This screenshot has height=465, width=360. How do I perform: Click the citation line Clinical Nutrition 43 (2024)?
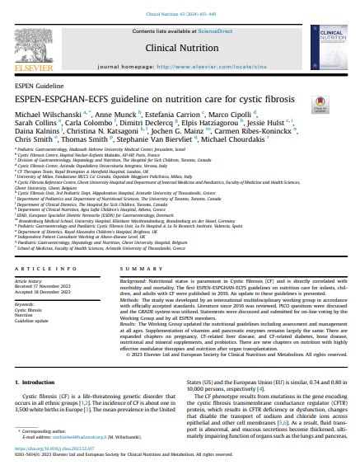180,9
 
